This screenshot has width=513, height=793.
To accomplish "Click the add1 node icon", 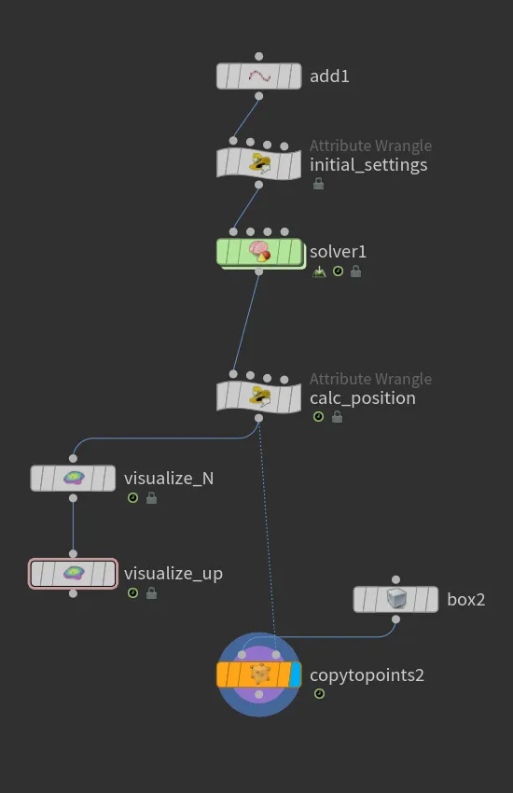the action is coord(259,76).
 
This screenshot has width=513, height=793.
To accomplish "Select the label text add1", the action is coord(329,77).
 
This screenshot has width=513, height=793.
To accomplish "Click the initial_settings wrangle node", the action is coord(258,164).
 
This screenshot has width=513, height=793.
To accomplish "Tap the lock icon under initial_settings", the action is coord(318,184).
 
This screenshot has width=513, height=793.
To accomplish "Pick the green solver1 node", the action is coord(260,252).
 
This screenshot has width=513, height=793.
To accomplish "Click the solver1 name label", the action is coord(339,251).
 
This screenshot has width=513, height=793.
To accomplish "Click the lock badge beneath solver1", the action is coord(355,271).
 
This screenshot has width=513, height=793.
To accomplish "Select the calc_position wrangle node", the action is coord(258,397).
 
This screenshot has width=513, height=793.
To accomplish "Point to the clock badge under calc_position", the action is coord(318,417).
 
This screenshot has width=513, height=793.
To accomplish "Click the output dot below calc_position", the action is coord(258,418).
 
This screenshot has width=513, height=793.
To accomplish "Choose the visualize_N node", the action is coord(74,478).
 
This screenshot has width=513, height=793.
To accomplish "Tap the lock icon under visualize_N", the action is coord(152,498).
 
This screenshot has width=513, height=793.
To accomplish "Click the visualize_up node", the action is coord(74,574).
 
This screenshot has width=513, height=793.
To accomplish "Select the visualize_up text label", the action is coord(173,574).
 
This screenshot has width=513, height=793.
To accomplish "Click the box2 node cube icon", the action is coord(396,599).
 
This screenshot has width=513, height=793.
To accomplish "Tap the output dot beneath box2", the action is coord(395,619).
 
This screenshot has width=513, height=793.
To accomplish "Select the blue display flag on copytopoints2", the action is coord(295,675).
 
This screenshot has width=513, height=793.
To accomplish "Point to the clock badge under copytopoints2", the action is coord(319,693).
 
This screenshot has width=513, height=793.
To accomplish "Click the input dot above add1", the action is coord(258,56).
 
